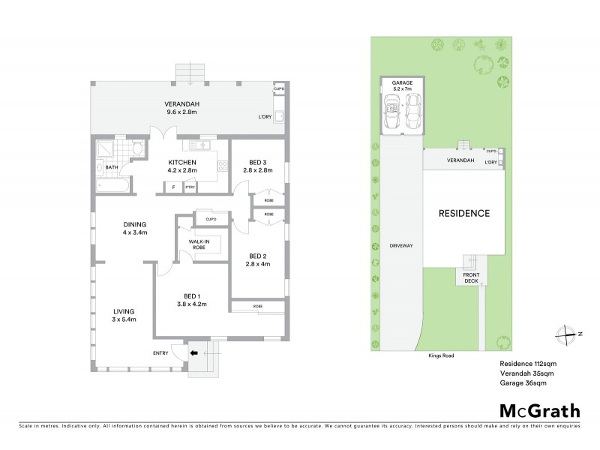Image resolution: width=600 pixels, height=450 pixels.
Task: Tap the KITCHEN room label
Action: tap(182, 166)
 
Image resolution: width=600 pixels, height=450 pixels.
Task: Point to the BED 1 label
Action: tap(190, 299)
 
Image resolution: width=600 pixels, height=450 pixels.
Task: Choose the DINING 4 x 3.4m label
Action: tap(136, 228)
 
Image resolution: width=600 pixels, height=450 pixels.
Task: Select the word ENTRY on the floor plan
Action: tap(160, 353)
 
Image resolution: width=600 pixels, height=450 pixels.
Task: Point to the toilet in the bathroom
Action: tap(136, 150)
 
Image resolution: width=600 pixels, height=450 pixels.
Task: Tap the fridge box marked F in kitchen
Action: tap(173, 187)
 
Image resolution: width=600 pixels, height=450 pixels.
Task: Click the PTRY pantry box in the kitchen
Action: tap(190, 187)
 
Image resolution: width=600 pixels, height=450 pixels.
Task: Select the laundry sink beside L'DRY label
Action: tap(279, 117)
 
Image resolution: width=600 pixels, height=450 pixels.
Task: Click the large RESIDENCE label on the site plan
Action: tap(463, 214)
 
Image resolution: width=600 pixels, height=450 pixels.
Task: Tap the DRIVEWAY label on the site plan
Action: tap(402, 246)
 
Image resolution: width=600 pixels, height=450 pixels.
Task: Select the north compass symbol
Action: tap(568, 334)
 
